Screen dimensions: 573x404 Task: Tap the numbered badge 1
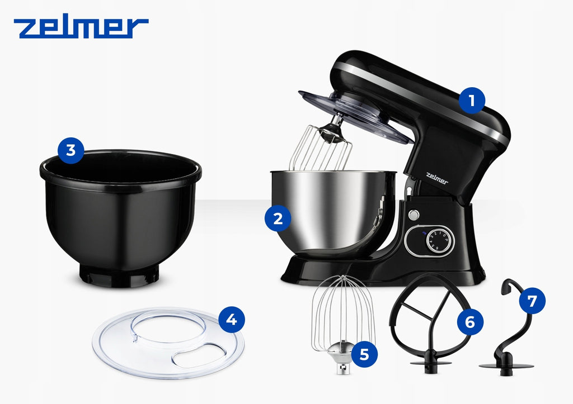coord(472,101)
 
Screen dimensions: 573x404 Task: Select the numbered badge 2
coord(278,218)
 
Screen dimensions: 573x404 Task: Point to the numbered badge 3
coord(71,150)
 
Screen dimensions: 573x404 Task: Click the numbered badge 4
coord(232,320)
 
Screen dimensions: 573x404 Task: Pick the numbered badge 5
coord(364,354)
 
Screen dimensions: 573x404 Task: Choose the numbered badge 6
coord(470,322)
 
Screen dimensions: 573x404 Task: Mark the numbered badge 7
coord(532,301)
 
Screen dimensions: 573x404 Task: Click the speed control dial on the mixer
coord(440,240)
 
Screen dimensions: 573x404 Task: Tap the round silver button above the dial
coord(414,215)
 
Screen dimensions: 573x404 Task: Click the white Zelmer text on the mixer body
coord(436,178)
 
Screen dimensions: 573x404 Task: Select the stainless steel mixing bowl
coord(332,212)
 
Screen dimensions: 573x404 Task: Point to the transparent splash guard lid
coord(168,343)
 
